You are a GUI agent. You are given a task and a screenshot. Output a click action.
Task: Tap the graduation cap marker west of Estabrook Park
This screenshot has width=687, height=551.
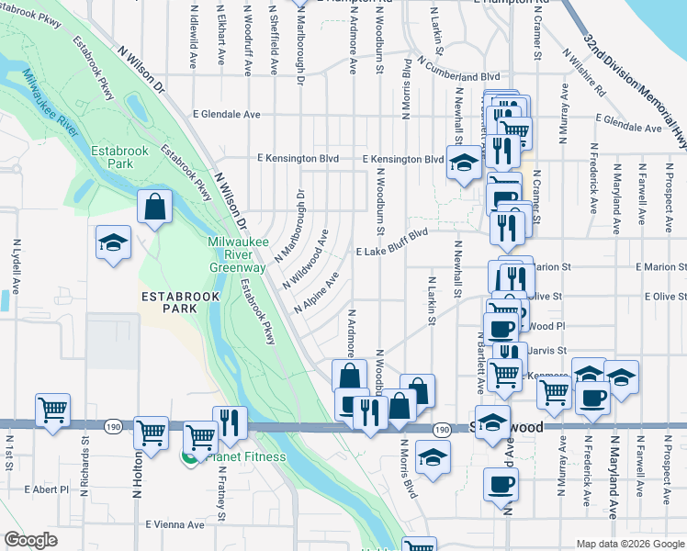tap(114, 242)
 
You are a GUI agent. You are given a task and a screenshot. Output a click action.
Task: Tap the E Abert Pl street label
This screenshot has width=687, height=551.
tap(47, 489)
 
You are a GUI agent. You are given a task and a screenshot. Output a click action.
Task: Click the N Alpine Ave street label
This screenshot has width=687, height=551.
tap(318, 291)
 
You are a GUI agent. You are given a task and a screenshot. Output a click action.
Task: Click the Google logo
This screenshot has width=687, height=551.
tap(30, 540)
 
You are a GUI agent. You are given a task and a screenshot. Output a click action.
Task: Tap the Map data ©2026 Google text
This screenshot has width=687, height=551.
tap(628, 544)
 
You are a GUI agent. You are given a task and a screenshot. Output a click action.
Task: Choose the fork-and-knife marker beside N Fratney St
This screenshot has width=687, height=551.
tap(230, 422)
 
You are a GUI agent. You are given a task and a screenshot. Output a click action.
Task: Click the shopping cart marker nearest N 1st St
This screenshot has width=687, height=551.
tap(52, 410)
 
